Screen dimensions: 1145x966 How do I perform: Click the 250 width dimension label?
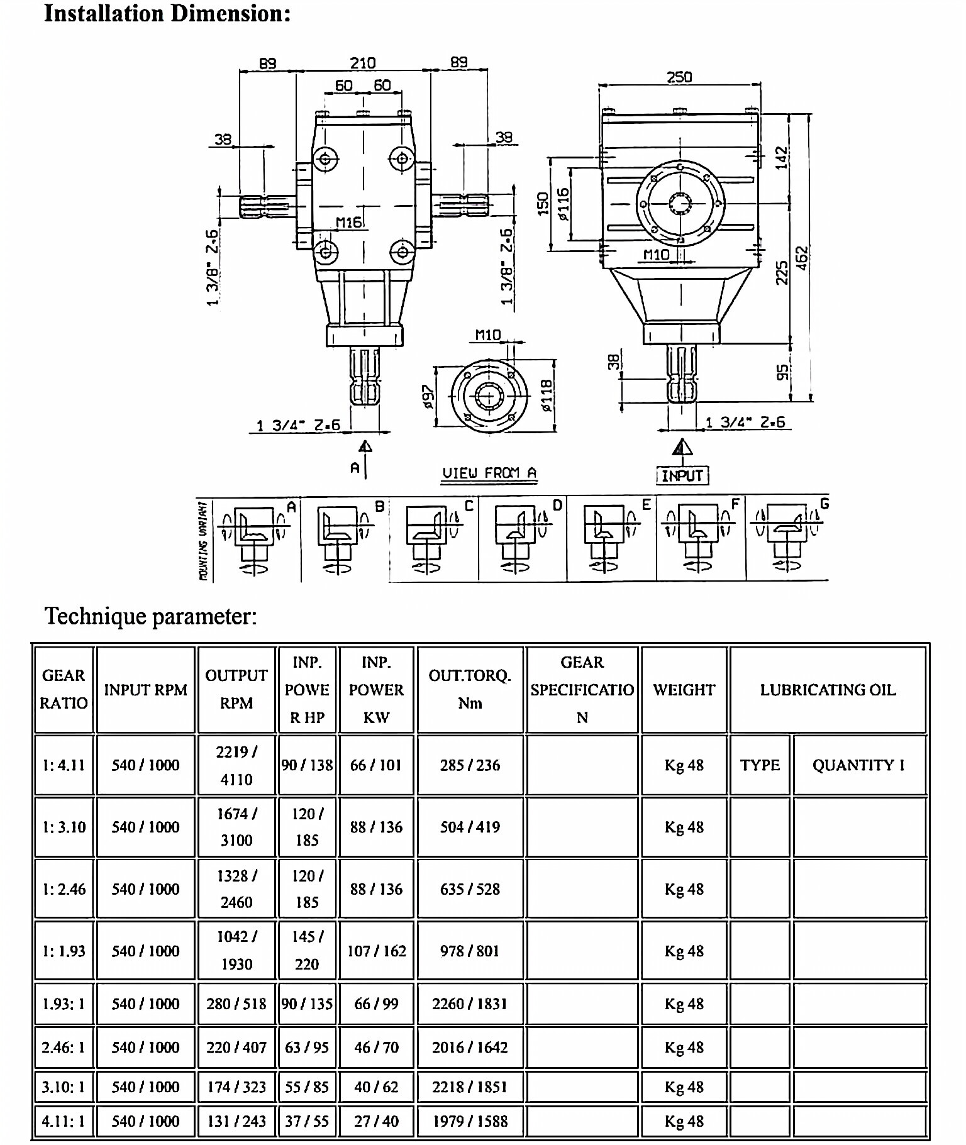point(679,77)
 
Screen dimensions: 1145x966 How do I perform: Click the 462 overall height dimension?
point(802,258)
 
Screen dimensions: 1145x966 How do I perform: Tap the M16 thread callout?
point(348,223)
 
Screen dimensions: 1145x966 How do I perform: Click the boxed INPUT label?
point(682,475)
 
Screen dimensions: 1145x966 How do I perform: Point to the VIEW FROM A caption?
point(489,473)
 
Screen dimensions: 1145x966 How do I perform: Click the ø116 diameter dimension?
point(563,204)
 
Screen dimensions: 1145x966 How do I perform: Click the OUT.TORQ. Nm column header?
point(470,689)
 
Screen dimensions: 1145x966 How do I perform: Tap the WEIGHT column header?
point(684,690)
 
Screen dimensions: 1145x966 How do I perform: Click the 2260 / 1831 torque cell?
point(470,1004)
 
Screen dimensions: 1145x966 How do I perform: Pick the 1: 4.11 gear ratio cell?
point(64,765)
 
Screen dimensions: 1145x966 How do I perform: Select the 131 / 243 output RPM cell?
point(236,1120)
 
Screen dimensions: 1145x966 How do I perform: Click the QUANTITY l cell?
point(858,765)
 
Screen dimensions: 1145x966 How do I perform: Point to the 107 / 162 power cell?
point(376,951)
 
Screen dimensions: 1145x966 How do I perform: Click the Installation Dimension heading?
point(167,13)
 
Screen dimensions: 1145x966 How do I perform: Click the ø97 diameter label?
point(428,396)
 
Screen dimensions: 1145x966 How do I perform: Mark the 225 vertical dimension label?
point(782,272)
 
